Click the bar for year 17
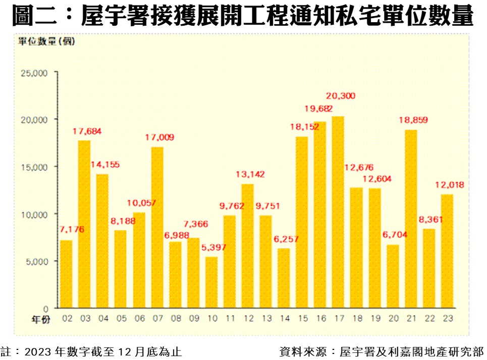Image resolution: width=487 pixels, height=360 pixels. click(x=338, y=212)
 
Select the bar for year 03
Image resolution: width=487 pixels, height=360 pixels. click(x=84, y=224)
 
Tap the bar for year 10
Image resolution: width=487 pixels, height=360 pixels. click(x=211, y=282)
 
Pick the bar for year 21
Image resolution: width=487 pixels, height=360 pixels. click(x=411, y=219)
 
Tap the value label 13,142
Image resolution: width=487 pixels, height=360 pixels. click(x=250, y=174)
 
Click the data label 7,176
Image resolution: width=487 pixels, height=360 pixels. click(x=71, y=230)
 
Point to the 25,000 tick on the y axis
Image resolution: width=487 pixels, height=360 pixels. click(x=34, y=73)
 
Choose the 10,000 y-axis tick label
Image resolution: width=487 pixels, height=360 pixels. click(x=34, y=214)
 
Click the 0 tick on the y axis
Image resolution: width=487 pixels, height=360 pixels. click(x=45, y=309)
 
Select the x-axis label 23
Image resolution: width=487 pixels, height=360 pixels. click(x=447, y=319)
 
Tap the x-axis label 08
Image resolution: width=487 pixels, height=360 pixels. click(x=175, y=319)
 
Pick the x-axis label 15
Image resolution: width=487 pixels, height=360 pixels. click(x=302, y=319)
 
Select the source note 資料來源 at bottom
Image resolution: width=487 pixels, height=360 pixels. click(x=381, y=351)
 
